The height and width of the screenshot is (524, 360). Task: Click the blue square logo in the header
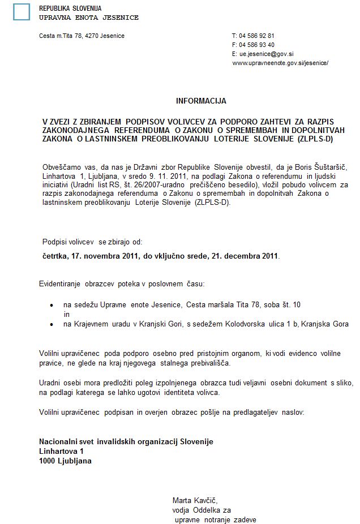pos(22,11)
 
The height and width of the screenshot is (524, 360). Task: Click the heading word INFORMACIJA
pos(201,101)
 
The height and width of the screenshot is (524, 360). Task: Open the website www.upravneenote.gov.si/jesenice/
pos(280,63)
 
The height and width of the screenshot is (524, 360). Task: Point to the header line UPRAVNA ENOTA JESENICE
pos(88,18)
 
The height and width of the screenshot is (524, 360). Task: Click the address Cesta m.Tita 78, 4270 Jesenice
pos(82,36)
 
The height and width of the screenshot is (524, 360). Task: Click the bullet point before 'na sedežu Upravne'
pos(52,305)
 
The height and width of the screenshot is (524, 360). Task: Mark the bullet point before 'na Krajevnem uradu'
pos(52,324)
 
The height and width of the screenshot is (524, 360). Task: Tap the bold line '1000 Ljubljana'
pos(65,461)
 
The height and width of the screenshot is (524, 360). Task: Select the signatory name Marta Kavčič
pos(195,500)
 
